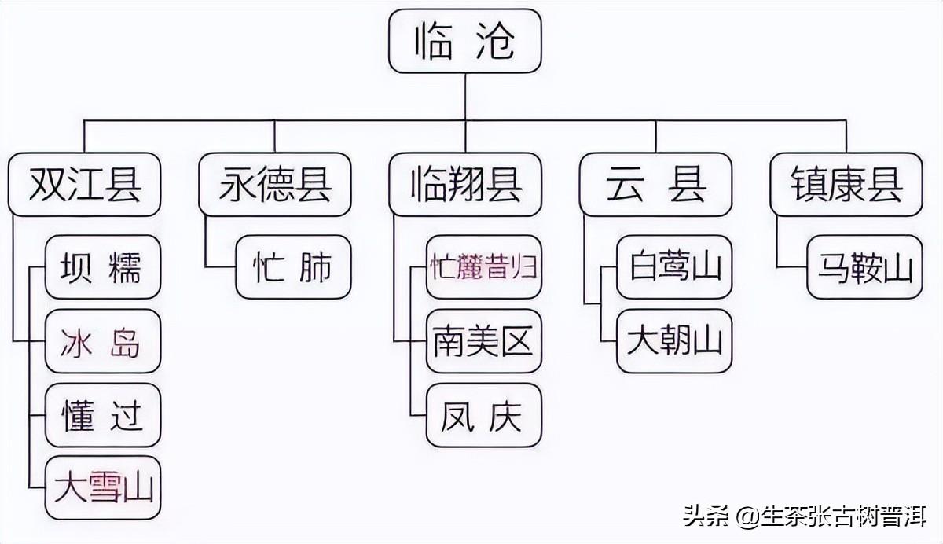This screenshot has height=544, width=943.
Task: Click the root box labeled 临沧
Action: tap(464, 41)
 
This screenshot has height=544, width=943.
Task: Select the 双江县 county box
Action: tap(84, 185)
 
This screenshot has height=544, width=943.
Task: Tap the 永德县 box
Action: tap(274, 185)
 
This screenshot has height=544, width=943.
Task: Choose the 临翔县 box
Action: tap(464, 185)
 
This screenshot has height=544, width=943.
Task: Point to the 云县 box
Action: tap(655, 185)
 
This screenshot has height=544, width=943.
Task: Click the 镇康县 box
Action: tap(846, 185)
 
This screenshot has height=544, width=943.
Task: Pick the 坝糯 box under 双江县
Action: tap(103, 267)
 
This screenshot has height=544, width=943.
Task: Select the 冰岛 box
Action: tap(103, 341)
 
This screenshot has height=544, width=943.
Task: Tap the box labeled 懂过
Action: tap(103, 415)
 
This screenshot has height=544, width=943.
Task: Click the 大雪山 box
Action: tap(103, 487)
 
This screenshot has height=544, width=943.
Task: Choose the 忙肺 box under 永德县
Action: tap(293, 267)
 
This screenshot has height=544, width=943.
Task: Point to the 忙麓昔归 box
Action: tap(484, 267)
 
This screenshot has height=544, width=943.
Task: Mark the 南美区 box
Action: tap(484, 341)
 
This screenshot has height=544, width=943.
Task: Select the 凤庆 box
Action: tap(484, 415)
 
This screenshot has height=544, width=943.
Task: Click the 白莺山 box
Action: tap(674, 267)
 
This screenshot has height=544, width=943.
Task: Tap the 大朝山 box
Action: tap(674, 341)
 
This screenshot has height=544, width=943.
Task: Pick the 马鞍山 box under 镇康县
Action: tap(864, 267)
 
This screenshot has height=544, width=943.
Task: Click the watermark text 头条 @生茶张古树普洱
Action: tap(805, 516)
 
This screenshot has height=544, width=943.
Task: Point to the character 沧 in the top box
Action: tap(496, 41)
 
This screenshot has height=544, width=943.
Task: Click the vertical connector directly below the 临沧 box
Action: tap(465, 97)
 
